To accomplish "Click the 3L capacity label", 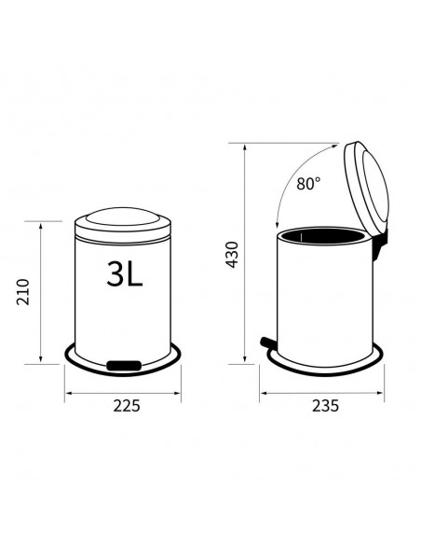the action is click(125, 273).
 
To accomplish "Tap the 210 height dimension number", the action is click(23, 292).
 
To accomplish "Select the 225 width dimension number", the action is click(127, 406).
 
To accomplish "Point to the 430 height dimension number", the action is click(232, 255).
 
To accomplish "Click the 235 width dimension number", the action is click(325, 406).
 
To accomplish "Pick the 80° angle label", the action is click(308, 183).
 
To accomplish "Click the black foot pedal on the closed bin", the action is click(124, 365).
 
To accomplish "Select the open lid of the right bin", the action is click(366, 188).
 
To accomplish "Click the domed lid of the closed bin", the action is click(123, 224).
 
